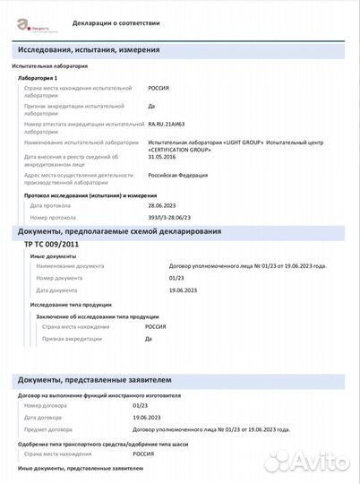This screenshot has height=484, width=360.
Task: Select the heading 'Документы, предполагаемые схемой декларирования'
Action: (120, 232)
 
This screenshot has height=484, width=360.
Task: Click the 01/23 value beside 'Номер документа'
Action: (176, 278)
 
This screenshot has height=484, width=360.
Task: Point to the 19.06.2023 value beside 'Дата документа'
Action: (183, 290)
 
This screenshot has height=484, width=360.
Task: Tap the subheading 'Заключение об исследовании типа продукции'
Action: (91, 316)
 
